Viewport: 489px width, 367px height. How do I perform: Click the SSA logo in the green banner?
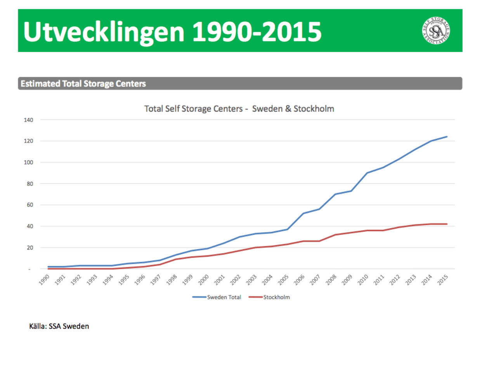coord(435,30)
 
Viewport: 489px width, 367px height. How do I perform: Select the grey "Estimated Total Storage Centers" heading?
coord(83,83)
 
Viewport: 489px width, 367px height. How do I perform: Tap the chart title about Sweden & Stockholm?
coord(239,109)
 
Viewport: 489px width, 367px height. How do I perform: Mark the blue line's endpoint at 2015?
coord(447,136)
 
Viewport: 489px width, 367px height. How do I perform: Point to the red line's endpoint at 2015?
coord(447,224)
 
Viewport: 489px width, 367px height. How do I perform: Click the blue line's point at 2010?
coord(367,173)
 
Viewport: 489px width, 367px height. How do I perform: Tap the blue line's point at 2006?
coord(303,213)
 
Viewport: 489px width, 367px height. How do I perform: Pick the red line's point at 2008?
coord(335,235)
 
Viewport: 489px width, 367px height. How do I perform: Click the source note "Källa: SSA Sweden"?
coord(59,326)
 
